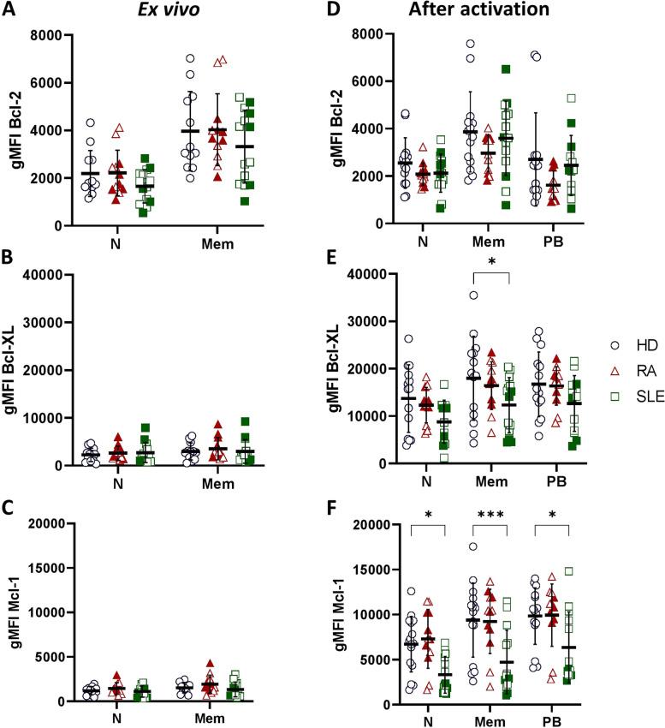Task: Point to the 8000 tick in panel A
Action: [51, 35]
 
